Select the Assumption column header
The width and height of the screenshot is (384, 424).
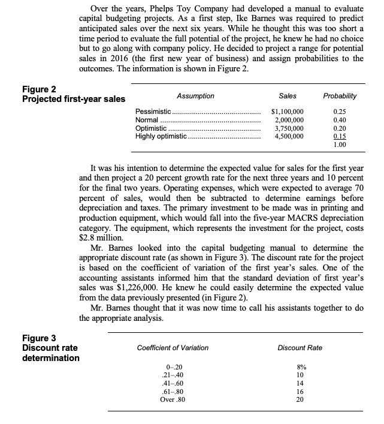click(195, 96)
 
